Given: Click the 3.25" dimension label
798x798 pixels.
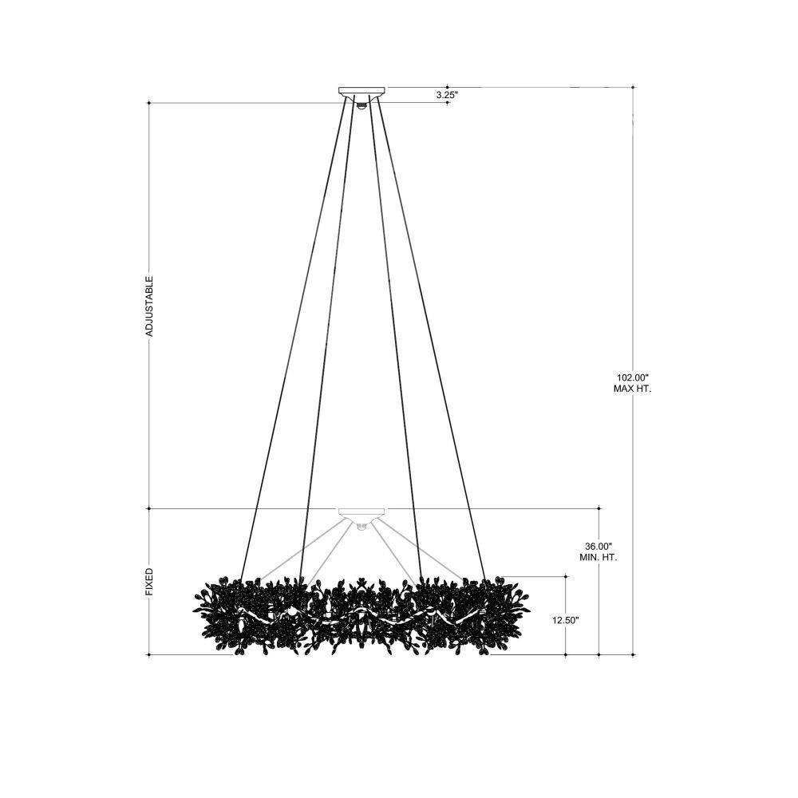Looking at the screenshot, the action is point(448,95).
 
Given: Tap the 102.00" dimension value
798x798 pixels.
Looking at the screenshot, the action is point(633,378).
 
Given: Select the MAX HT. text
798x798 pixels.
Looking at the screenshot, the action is point(633,389).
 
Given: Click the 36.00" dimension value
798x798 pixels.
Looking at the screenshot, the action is point(598,547).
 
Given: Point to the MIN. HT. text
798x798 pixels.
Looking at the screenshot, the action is point(598,557).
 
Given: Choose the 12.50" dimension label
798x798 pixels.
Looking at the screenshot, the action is point(566,621).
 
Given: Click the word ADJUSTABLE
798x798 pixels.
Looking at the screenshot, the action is point(150,306).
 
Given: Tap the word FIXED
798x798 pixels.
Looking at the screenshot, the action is point(150,583).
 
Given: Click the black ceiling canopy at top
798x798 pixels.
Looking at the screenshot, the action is point(361,92).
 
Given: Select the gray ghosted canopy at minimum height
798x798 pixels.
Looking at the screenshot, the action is point(361,513).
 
